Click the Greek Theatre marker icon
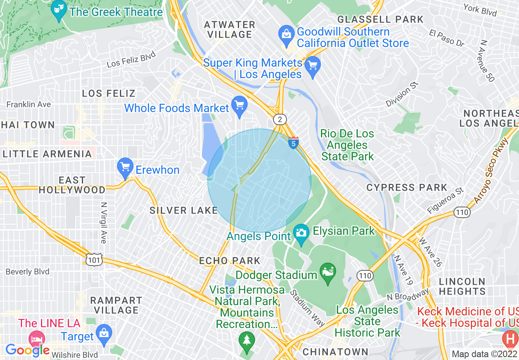point(59,11)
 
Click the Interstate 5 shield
point(293,143)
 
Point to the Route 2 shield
point(280,119)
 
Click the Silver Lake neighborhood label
point(183,210)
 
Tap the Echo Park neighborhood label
point(230,261)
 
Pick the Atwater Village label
point(230,29)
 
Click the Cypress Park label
point(407,188)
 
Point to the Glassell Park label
point(380,19)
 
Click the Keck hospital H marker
point(510,339)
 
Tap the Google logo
point(27,350)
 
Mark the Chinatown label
point(335,351)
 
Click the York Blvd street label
point(480,10)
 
